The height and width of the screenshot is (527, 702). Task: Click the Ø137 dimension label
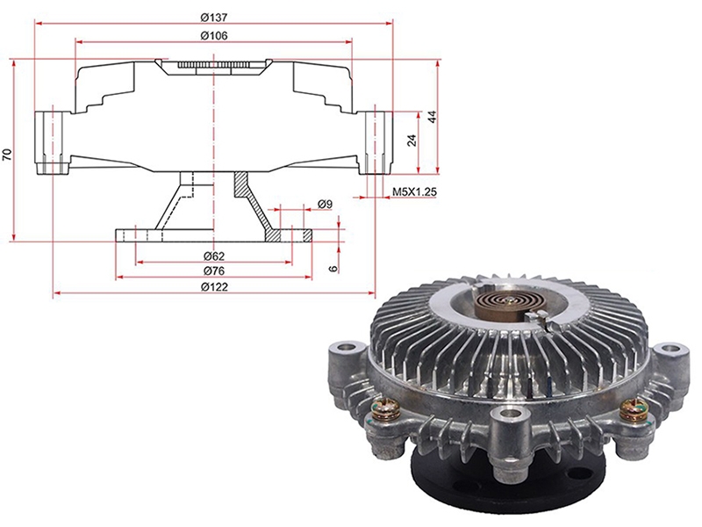point(214,17)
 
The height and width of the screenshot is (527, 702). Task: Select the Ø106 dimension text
point(214,35)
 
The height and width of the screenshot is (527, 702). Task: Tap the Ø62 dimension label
point(214,256)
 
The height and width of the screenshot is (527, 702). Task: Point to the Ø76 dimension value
point(214,271)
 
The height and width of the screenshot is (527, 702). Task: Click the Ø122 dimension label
point(214,286)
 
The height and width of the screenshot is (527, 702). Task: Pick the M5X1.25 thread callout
point(414,191)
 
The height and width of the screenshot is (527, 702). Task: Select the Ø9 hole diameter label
point(325,204)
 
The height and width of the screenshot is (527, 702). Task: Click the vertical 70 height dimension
point(7,155)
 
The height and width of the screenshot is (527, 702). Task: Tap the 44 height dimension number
point(432,118)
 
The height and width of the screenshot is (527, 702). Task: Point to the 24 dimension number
point(412,140)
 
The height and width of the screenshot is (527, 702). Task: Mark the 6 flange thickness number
point(333,269)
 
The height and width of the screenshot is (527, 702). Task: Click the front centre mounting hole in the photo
point(507,415)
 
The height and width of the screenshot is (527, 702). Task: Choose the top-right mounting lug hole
point(670,348)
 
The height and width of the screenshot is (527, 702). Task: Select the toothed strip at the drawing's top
point(213,65)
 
